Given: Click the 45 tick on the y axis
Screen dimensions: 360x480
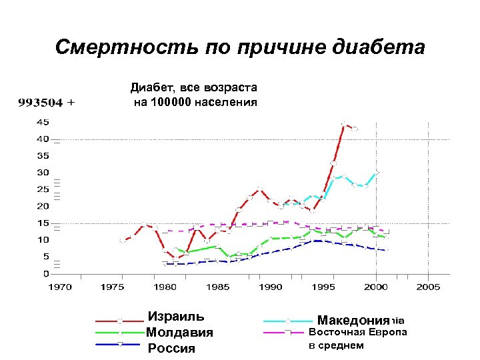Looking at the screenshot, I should click(42, 122).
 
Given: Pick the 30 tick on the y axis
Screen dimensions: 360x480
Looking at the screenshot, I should click(42, 173).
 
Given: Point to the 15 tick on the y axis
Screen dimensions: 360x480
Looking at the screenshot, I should click(42, 223).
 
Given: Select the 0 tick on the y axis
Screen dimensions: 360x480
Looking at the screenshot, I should click(45, 273).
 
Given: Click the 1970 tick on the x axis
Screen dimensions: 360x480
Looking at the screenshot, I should click(59, 287).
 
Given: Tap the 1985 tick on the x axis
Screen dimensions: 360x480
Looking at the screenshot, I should click(217, 287).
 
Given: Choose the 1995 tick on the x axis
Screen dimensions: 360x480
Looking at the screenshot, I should click(323, 287).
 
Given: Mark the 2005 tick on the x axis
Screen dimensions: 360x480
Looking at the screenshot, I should click(429, 287).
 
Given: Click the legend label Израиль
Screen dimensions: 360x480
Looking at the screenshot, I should click(176, 316).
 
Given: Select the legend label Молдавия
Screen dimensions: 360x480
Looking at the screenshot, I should click(179, 332).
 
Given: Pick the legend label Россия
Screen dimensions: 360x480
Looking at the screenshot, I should click(171, 348).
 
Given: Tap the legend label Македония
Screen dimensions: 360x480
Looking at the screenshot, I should click(353, 320).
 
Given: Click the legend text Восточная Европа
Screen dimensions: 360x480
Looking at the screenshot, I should click(357, 332).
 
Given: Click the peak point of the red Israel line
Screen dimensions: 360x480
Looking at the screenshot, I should click(344, 124).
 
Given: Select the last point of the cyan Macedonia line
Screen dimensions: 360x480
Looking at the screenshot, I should click(377, 172).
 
